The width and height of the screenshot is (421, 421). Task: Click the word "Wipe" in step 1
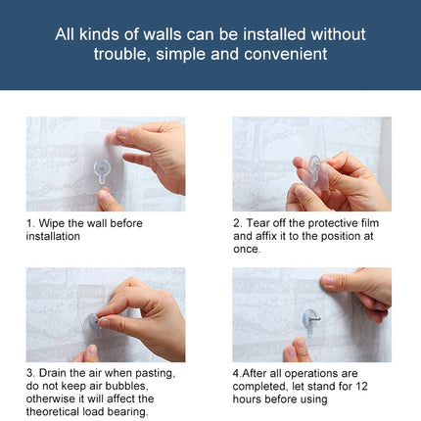[x=53, y=223]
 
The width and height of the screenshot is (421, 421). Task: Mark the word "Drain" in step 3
[x=56, y=373]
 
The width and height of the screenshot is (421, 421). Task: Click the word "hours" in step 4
[x=249, y=398]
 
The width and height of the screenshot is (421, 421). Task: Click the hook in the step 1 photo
[x=100, y=173]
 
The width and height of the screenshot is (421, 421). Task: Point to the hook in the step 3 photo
[x=95, y=320]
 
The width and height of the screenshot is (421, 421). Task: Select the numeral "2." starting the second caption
[x=238, y=223]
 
